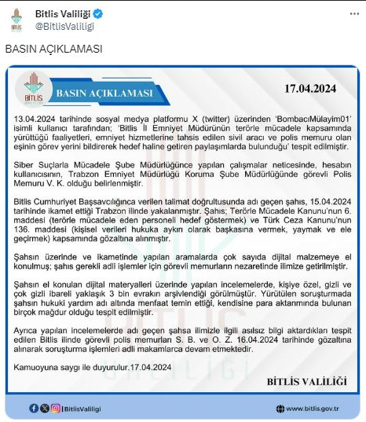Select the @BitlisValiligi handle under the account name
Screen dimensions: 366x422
(x=64, y=26)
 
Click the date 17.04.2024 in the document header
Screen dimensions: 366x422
(x=310, y=90)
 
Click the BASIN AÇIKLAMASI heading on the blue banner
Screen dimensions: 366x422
(x=104, y=95)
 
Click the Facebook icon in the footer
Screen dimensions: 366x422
(x=33, y=408)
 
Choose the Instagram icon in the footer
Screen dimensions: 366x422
(x=55, y=408)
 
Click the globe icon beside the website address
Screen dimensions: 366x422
(x=280, y=408)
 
